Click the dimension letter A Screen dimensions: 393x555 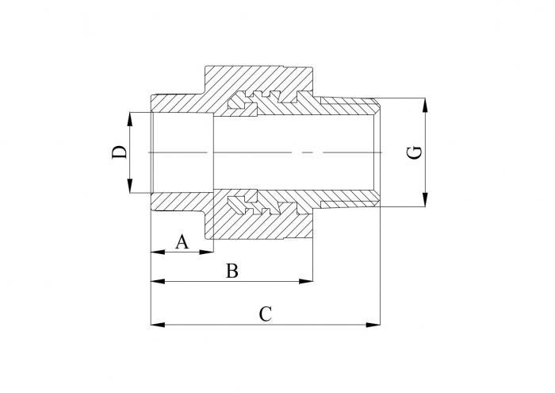pos(182,241)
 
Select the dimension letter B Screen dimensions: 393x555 pos(232,271)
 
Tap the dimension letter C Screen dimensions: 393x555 pos(266,314)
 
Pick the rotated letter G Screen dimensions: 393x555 pos(414,152)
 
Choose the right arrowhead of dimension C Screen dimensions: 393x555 pos(376,324)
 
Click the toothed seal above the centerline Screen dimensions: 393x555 pos(258,102)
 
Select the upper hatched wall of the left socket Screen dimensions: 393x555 pos(181,103)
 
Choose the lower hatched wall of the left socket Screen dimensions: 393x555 pos(181,201)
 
